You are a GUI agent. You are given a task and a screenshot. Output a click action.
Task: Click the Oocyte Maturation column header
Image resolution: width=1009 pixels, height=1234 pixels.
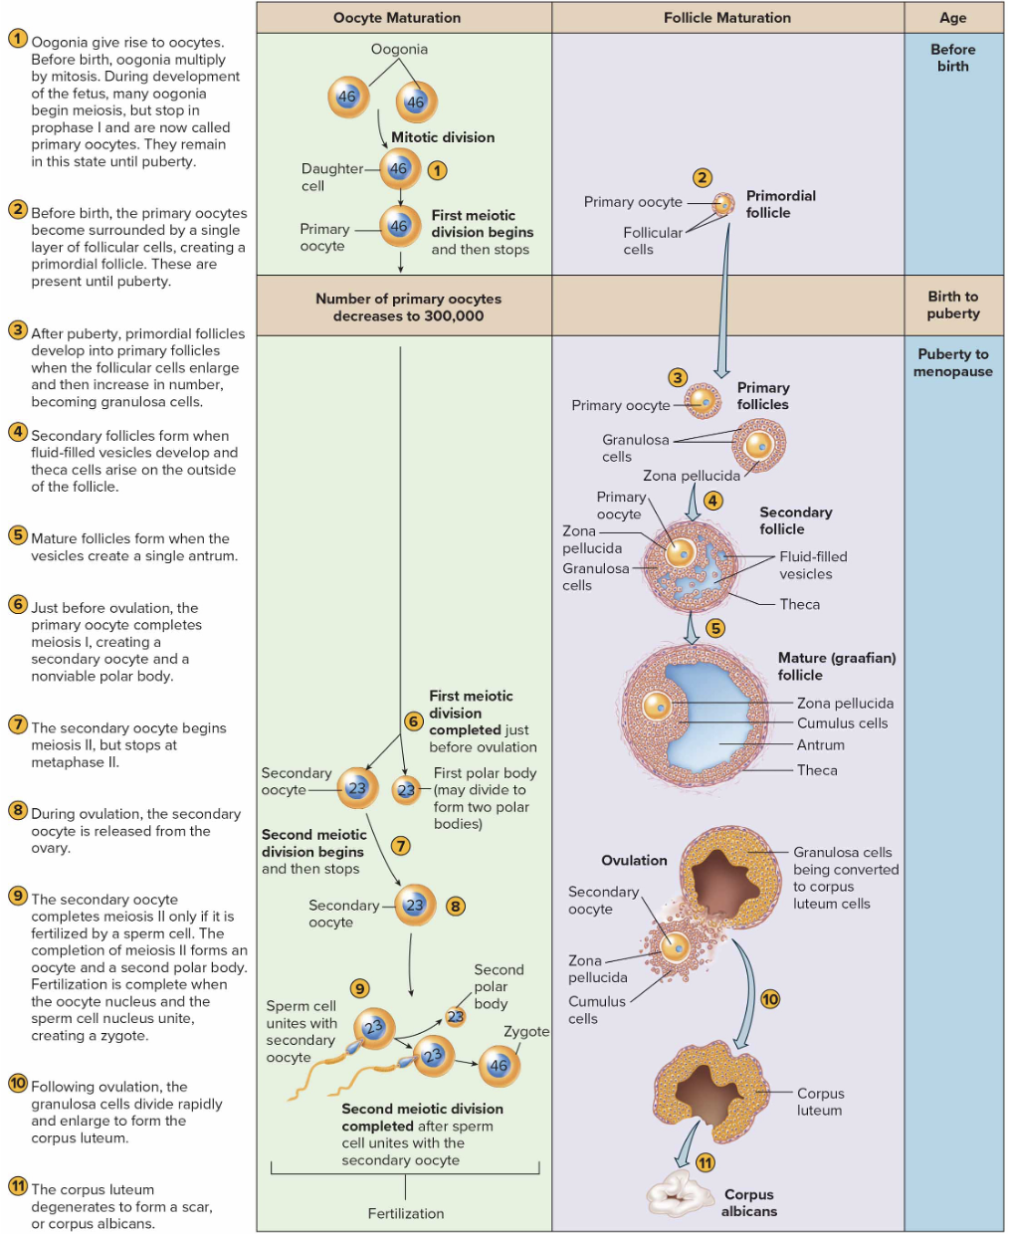click(397, 18)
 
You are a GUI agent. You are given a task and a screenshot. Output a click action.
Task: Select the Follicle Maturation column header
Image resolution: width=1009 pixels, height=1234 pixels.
click(727, 18)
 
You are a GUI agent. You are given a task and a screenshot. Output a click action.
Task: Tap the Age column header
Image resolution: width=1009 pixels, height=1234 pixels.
click(952, 18)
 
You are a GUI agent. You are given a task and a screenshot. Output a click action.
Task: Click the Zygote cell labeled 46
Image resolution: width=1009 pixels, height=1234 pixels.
click(499, 1065)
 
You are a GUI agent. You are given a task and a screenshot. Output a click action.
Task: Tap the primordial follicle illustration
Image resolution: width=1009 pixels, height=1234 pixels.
click(724, 205)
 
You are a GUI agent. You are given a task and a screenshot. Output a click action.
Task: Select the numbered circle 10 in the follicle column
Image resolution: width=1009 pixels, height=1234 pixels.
click(770, 999)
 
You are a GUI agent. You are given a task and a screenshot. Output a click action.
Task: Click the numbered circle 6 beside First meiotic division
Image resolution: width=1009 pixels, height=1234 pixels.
click(414, 720)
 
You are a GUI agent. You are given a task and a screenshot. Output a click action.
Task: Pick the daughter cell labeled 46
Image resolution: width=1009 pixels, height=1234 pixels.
click(399, 169)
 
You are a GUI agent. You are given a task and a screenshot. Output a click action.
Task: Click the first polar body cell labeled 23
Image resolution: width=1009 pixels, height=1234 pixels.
click(406, 789)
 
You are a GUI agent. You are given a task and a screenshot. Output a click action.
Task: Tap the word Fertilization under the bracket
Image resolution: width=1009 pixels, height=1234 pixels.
click(406, 1213)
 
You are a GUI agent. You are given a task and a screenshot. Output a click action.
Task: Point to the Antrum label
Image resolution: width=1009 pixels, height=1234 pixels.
click(821, 744)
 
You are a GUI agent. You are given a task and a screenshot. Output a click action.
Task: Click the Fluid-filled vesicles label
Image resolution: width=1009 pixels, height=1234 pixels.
click(813, 565)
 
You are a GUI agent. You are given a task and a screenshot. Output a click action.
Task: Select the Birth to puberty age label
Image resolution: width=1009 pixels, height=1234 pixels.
click(952, 305)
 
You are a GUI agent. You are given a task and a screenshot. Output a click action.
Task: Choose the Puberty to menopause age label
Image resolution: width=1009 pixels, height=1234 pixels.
click(952, 362)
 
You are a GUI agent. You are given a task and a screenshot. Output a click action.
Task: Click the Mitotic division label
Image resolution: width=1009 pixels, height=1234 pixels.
click(443, 137)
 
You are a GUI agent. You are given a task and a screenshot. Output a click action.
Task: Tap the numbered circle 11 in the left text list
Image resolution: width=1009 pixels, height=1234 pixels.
click(18, 1185)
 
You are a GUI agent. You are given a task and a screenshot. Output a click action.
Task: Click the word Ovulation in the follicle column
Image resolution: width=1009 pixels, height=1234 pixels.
click(634, 860)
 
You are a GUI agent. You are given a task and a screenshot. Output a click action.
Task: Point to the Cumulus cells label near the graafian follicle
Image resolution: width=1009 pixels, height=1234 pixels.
click(842, 723)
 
